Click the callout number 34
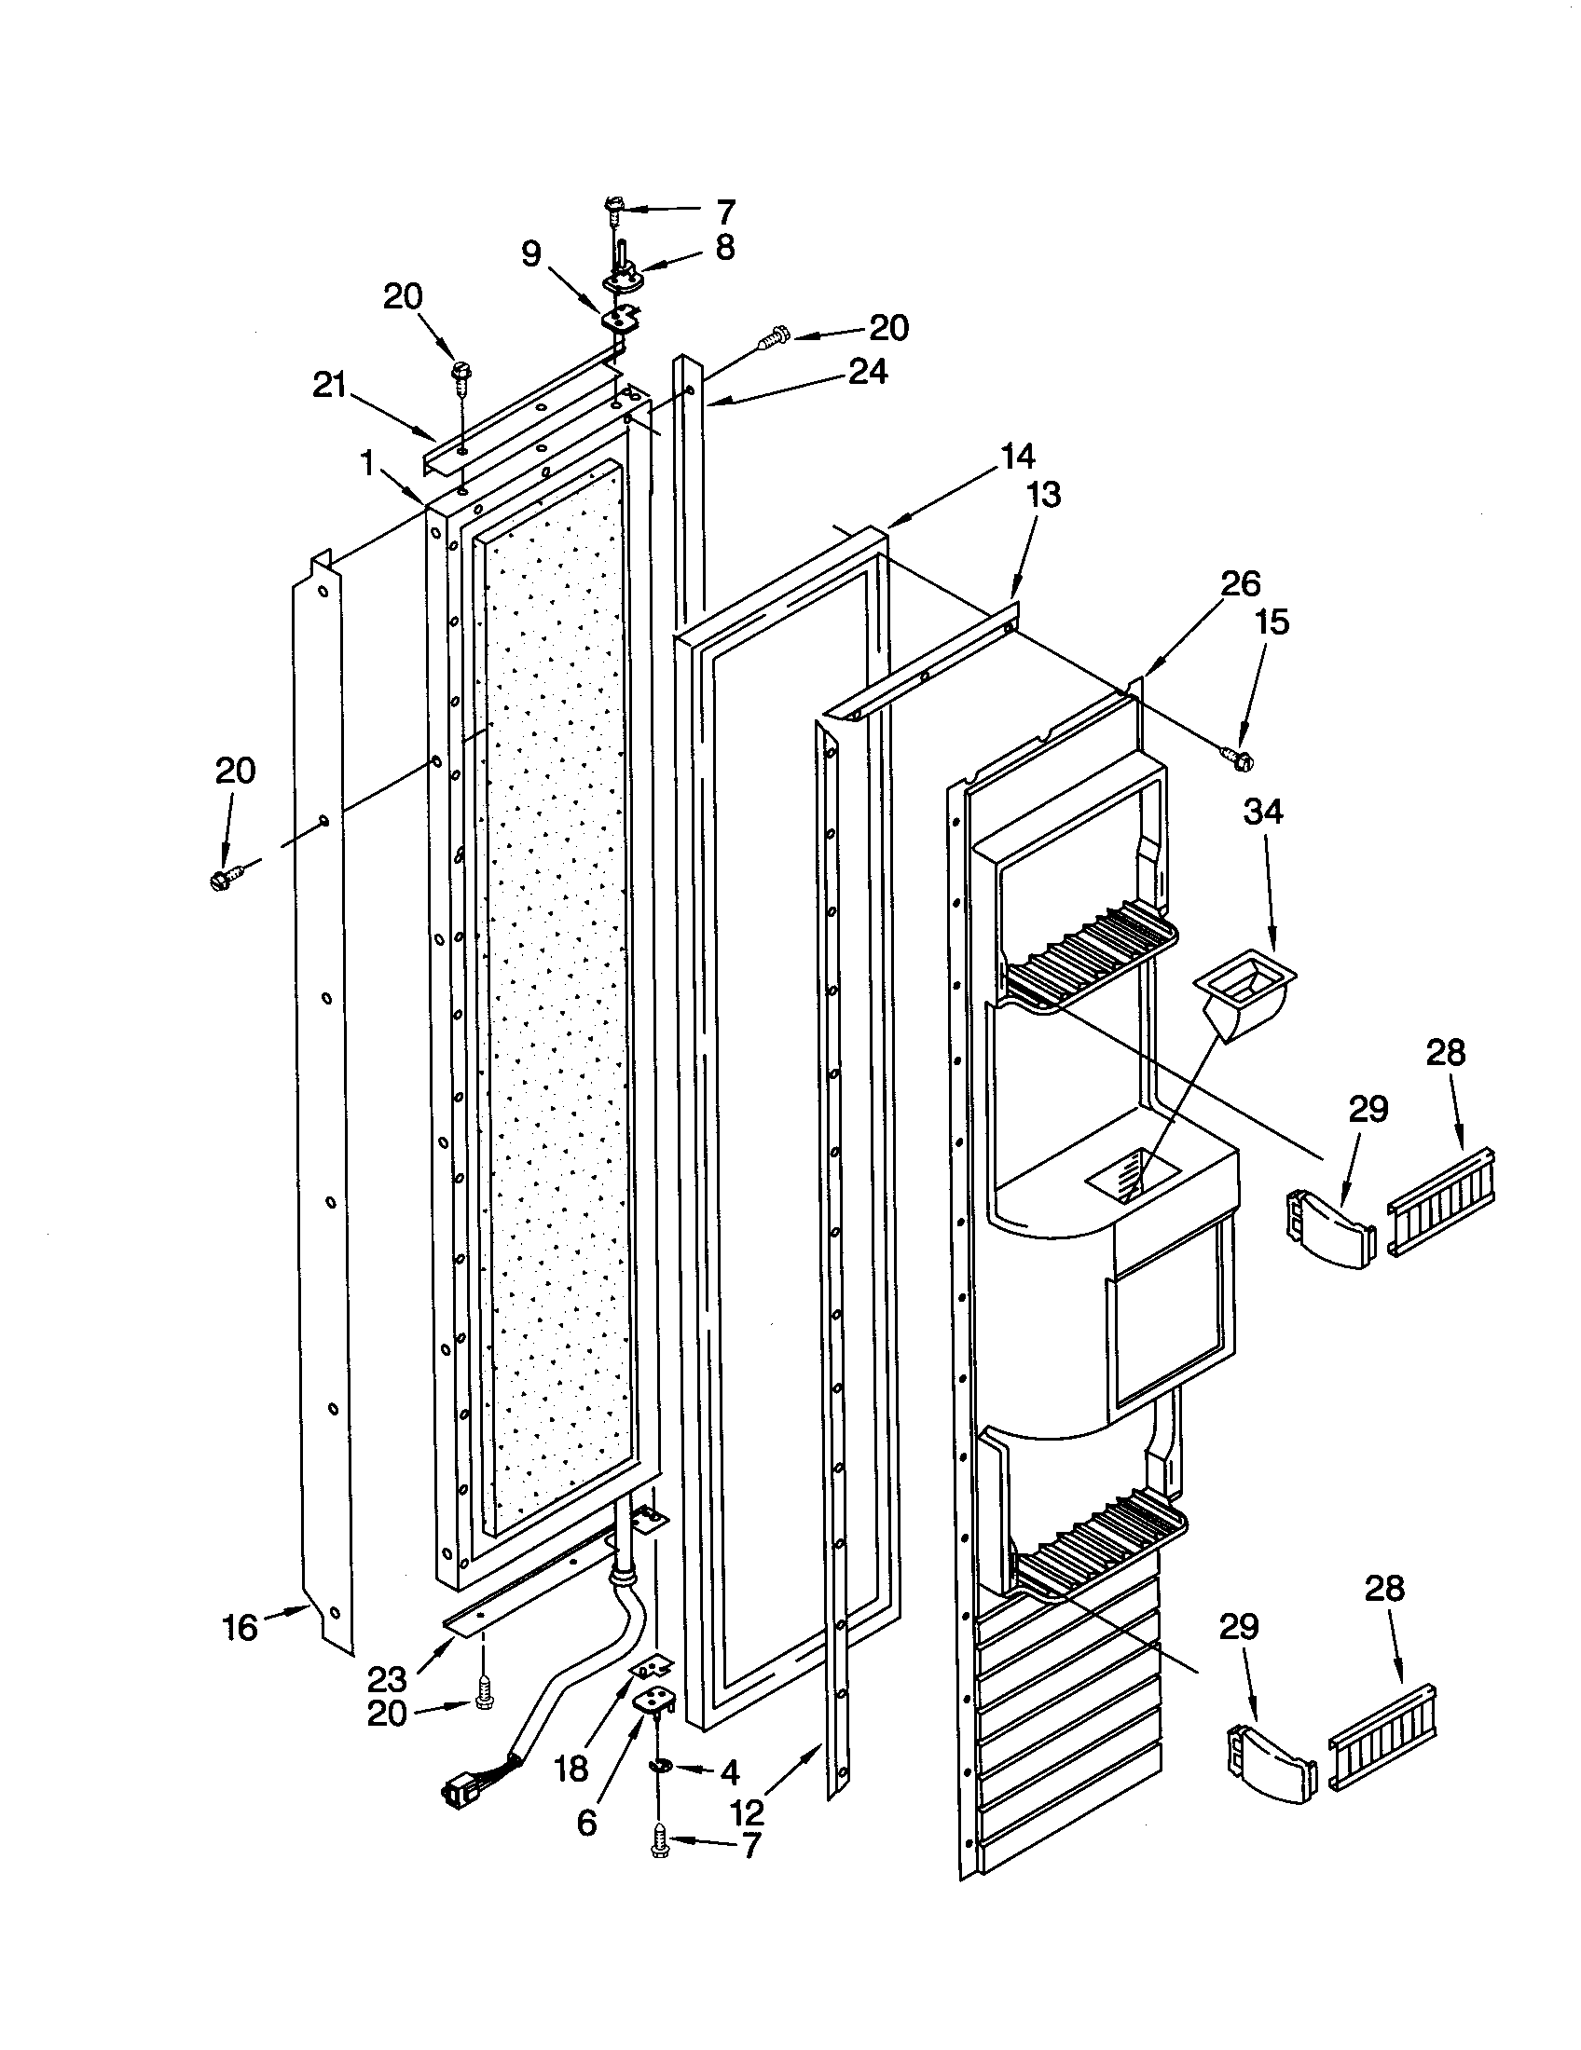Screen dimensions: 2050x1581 (1263, 811)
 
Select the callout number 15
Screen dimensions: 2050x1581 (1272, 622)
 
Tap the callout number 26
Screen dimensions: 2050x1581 (1240, 584)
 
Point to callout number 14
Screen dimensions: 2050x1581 (1017, 458)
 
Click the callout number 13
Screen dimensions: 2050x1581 (1043, 495)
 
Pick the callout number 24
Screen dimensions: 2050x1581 (868, 373)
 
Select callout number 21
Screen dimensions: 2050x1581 (330, 385)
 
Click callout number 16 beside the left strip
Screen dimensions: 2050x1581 (240, 1628)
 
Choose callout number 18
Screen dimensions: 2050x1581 (571, 1769)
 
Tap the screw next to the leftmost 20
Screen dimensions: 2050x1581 (226, 879)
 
